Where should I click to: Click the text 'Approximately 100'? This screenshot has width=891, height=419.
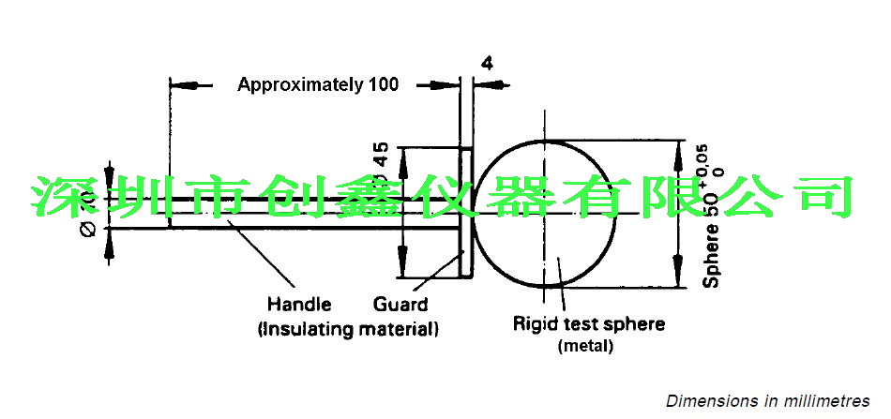pos(318,84)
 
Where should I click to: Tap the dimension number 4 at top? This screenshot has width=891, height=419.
pos(486,63)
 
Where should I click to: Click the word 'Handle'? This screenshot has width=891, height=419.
pos(299,305)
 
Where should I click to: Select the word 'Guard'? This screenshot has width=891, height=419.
pos(400,305)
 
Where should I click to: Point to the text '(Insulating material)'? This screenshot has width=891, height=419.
pos(347,329)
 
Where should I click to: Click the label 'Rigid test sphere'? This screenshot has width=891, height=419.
pos(588,324)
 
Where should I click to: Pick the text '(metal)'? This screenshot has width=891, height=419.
pos(585,347)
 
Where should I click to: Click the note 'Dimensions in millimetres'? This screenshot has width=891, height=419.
pos(768,401)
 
